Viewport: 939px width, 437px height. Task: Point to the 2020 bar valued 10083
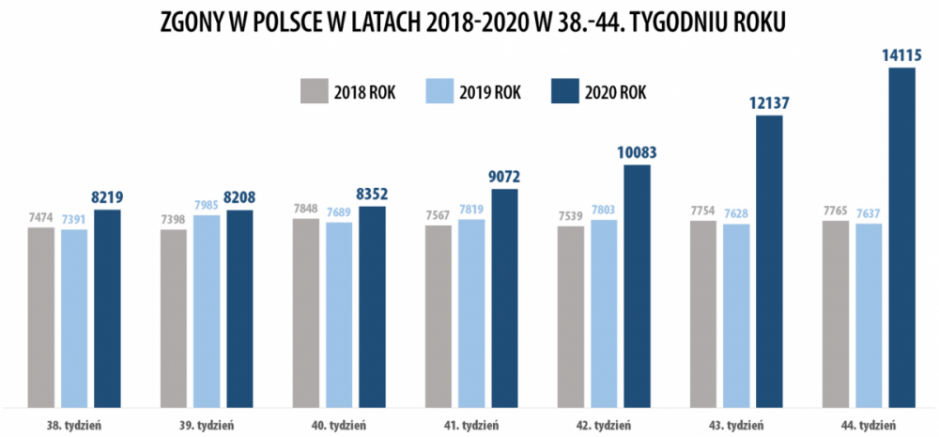(637, 286)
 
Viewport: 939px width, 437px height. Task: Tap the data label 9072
(505, 176)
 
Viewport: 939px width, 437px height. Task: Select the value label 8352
(373, 195)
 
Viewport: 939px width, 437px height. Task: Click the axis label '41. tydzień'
(471, 424)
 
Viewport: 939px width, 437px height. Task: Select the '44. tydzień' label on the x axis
(869, 424)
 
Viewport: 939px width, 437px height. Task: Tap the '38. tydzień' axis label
(75, 424)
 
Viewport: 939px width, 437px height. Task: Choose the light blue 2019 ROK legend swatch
(439, 92)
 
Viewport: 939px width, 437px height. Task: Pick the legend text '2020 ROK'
(616, 93)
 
